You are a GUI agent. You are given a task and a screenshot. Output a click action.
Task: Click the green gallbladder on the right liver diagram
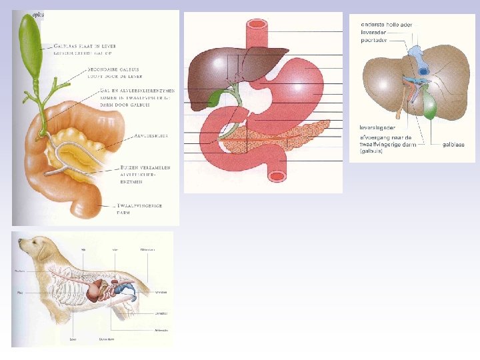tap(431, 106)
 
